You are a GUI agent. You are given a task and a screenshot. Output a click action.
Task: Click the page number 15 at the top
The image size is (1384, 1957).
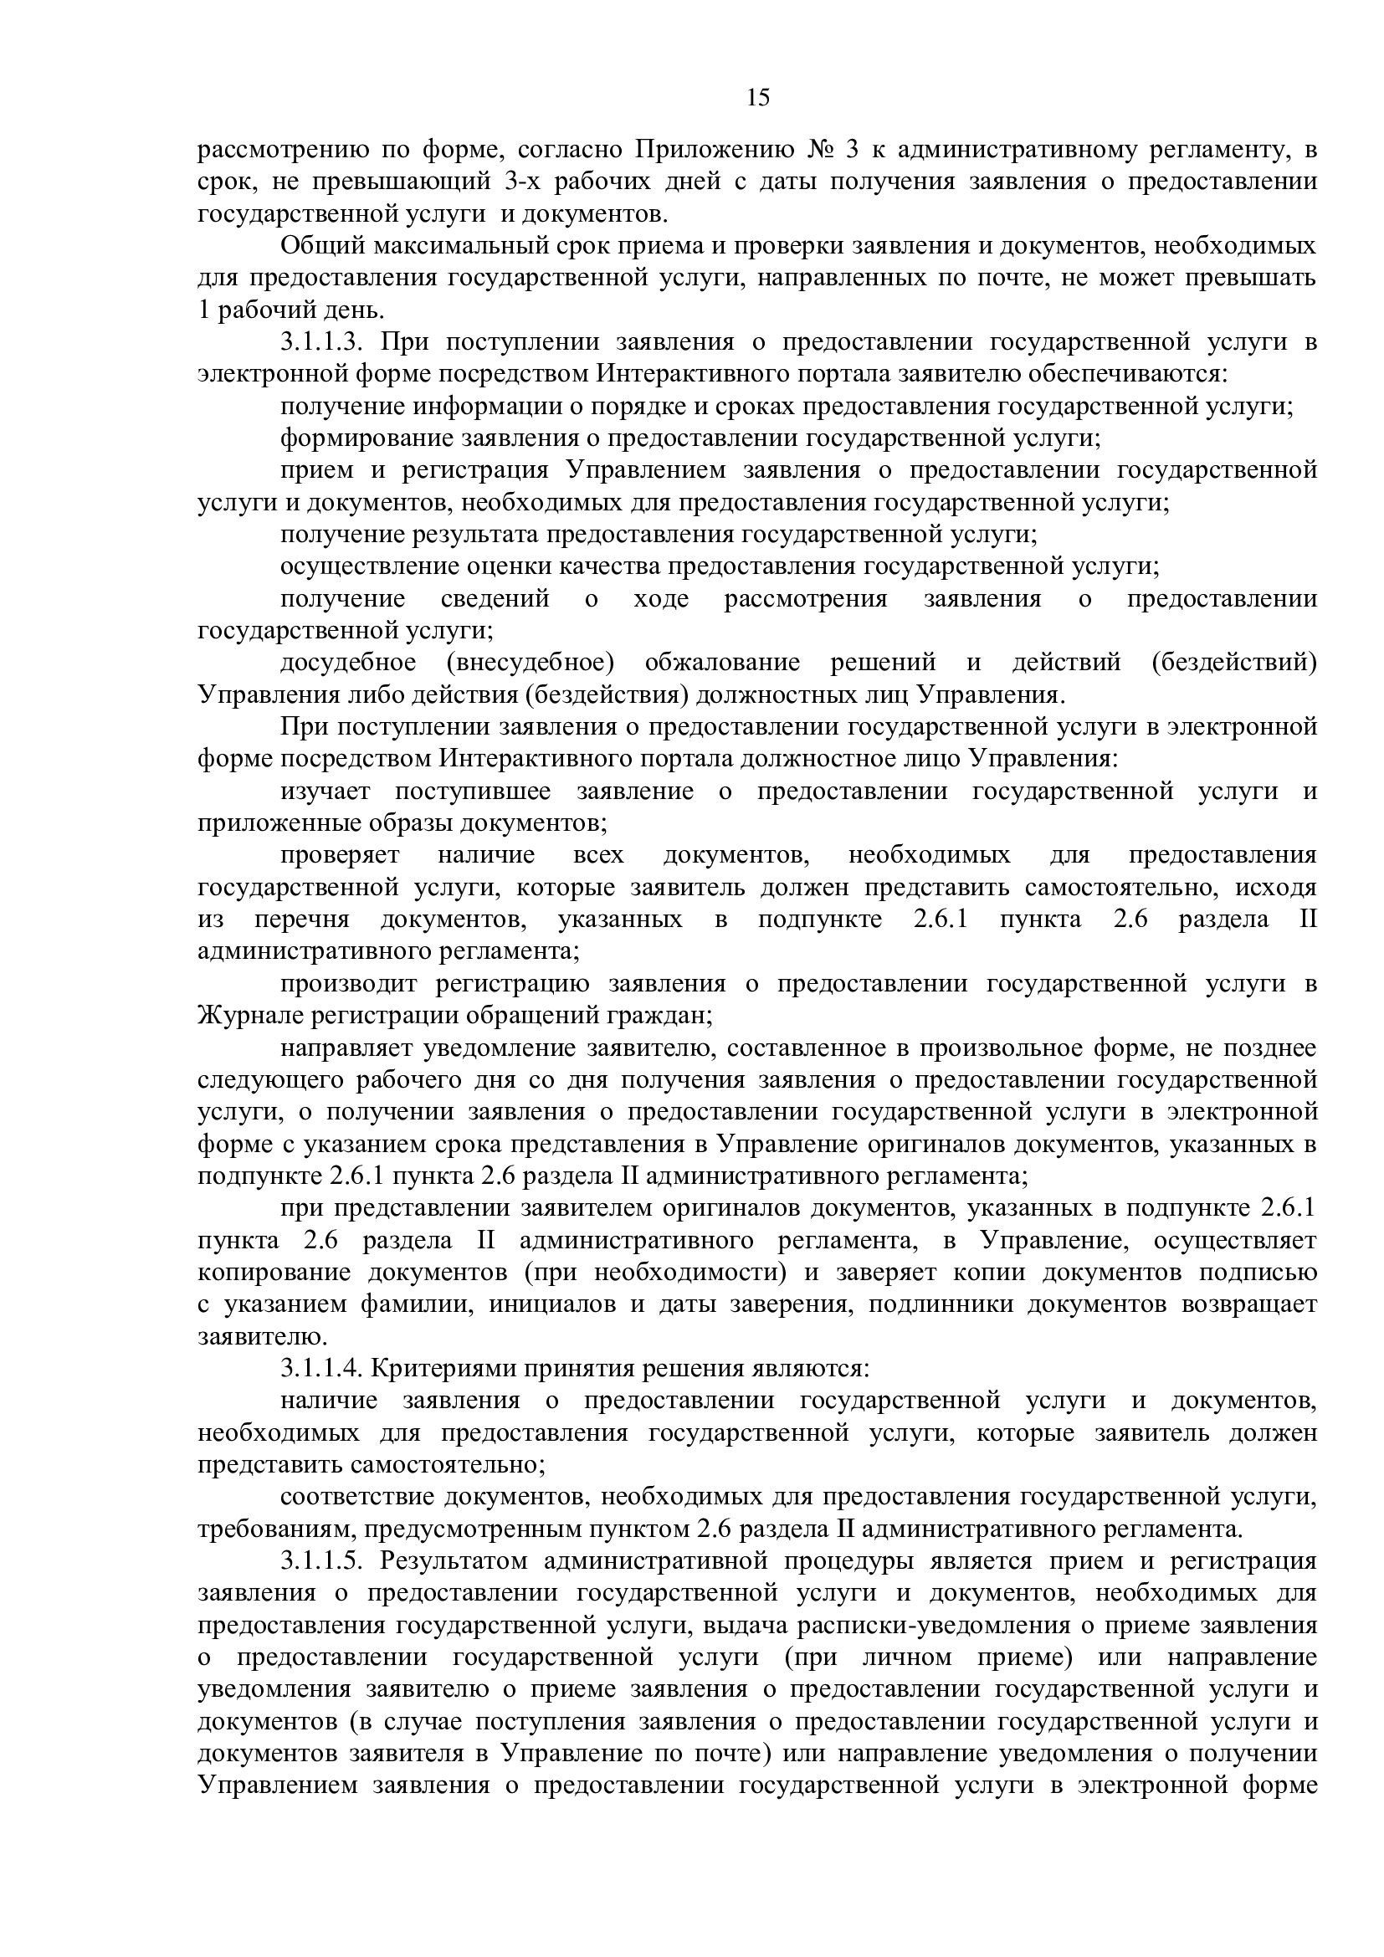pyautogui.click(x=757, y=98)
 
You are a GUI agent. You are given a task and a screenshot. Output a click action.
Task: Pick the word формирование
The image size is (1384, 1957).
pyautogui.click(x=367, y=439)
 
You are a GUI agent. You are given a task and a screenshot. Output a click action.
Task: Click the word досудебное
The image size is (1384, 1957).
pyautogui.click(x=349, y=663)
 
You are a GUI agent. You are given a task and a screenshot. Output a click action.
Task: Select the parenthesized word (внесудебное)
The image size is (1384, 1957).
pyautogui.click(x=527, y=663)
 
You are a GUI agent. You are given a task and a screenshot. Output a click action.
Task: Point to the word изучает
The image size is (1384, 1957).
pyautogui.click(x=325, y=792)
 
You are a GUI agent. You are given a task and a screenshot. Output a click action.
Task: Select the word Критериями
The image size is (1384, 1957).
pyautogui.click(x=443, y=1369)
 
